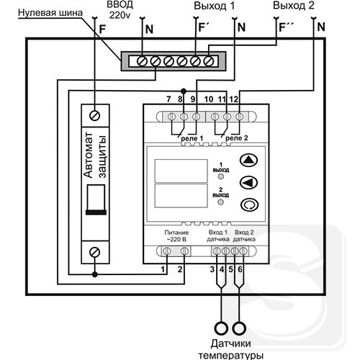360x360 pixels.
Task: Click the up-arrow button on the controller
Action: [x=249, y=160]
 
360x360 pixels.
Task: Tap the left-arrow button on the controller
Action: [x=249, y=182]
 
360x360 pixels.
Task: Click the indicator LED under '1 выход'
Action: [x=220, y=176]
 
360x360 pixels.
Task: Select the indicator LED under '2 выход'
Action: [x=220, y=202]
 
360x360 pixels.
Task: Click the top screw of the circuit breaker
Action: [x=95, y=116]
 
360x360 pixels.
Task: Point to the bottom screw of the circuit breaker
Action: [x=95, y=252]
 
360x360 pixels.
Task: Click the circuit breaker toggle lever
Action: [x=96, y=199]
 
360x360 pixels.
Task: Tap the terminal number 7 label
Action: [x=168, y=99]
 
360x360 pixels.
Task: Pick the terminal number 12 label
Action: [x=234, y=99]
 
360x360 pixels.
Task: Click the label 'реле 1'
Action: [x=192, y=138]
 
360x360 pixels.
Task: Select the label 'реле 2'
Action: [x=237, y=138]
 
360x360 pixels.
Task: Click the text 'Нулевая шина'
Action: [x=50, y=13]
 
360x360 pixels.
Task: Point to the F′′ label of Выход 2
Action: [x=287, y=27]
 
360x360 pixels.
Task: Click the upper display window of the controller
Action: [x=181, y=171]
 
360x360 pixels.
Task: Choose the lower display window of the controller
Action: [x=181, y=196]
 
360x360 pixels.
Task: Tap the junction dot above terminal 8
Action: [x=184, y=91]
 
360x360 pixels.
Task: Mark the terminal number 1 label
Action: [x=163, y=269]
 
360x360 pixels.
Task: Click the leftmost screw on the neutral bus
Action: [x=142, y=61]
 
